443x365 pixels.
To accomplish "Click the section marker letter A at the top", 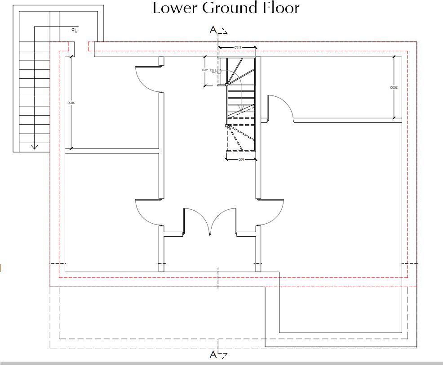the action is (213, 30).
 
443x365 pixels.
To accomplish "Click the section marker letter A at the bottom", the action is (213, 355).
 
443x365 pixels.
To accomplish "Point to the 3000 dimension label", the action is (71, 103).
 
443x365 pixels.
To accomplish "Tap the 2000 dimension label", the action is (393, 87).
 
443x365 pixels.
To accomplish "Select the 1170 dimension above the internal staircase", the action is (238, 47).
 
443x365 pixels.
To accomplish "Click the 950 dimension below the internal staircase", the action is (241, 159).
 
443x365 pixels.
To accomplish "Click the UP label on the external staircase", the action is (75, 31).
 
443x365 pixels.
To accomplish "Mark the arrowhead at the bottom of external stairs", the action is (34, 147).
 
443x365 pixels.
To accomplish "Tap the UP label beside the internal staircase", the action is (218, 71).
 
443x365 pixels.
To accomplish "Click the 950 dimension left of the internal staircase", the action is (204, 71).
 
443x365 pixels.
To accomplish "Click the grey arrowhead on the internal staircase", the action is (241, 109).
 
